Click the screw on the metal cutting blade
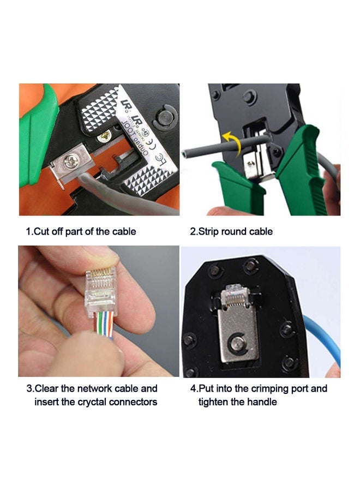pos(71,161)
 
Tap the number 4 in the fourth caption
pos(193,388)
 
